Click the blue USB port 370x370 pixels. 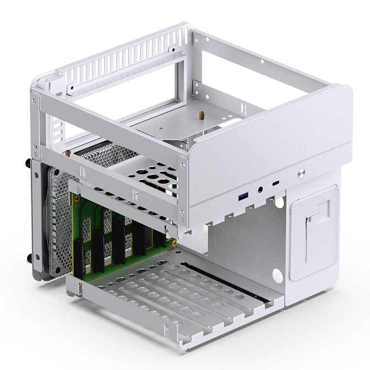point(242,197)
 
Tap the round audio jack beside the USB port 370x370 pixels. point(259,191)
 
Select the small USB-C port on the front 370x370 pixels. point(276,183)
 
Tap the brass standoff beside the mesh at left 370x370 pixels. point(68,156)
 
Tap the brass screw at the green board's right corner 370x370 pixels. point(172,242)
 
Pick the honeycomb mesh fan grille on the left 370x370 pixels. point(61,220)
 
